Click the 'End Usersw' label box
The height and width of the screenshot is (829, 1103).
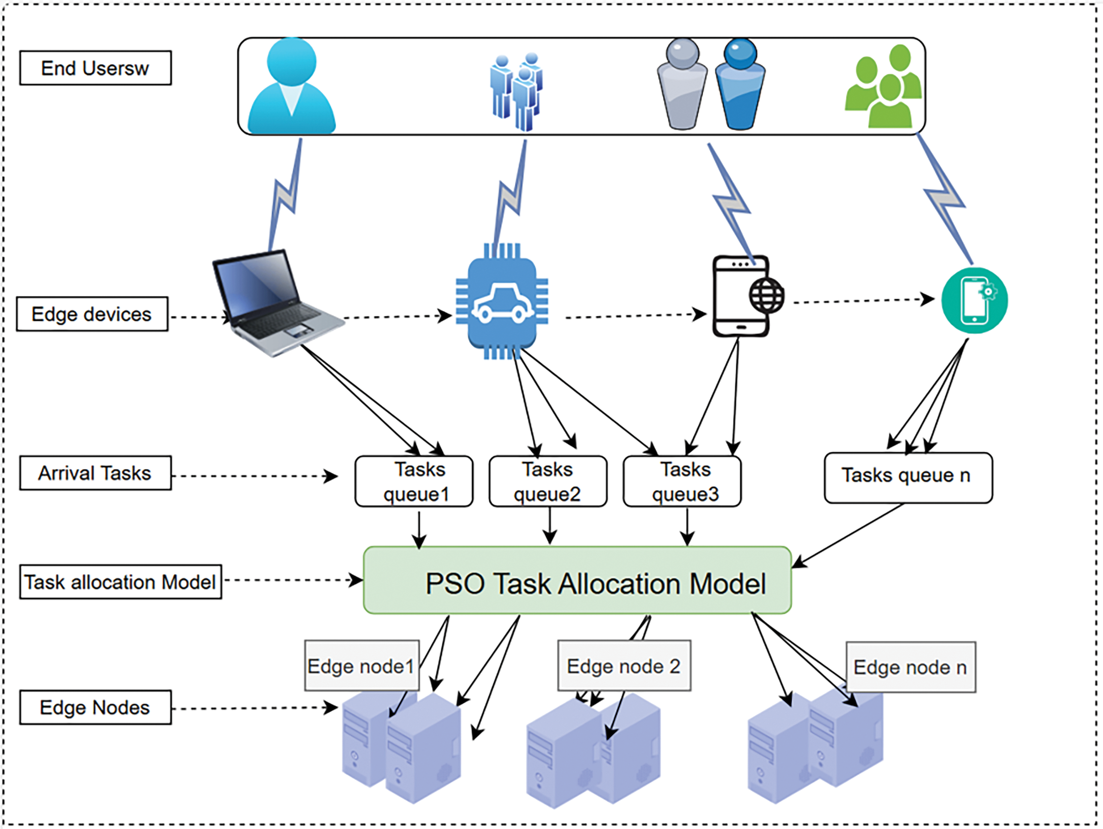click(x=95, y=68)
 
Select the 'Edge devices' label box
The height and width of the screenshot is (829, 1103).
click(x=92, y=314)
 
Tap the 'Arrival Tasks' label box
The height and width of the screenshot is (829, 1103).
click(x=95, y=473)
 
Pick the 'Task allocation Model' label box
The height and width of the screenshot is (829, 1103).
click(x=120, y=581)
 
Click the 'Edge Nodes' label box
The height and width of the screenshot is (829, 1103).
click(x=95, y=707)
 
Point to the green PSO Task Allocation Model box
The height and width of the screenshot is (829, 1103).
click(x=577, y=580)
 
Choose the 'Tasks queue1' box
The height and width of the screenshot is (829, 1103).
click(x=414, y=481)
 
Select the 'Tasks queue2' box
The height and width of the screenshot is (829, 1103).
click(x=548, y=481)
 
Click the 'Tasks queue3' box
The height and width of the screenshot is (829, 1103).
click(x=682, y=481)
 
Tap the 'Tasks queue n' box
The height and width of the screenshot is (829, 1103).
click(x=908, y=478)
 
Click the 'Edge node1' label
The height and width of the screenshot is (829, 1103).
click(x=361, y=666)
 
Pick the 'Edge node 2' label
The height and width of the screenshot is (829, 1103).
click(x=624, y=665)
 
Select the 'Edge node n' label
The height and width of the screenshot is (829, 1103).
click(x=910, y=667)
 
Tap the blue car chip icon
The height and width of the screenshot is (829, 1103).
click(x=502, y=301)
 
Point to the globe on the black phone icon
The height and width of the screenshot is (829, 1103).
click(x=766, y=295)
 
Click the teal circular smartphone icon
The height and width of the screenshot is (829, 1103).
click(x=975, y=301)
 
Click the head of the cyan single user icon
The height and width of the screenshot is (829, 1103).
click(x=291, y=61)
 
